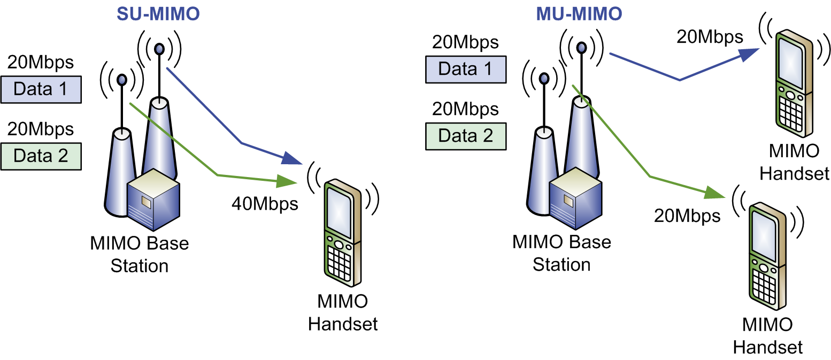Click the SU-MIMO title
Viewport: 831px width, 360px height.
(x=158, y=14)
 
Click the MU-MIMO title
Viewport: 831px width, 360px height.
(x=579, y=14)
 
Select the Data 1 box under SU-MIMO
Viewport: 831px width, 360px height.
(x=41, y=89)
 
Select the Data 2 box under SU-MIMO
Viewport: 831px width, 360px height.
(x=41, y=156)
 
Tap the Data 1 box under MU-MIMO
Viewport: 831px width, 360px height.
(x=466, y=70)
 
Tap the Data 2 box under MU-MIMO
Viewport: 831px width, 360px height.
(x=466, y=136)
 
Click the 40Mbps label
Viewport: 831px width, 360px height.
(x=265, y=204)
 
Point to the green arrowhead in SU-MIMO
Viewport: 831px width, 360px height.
(x=287, y=181)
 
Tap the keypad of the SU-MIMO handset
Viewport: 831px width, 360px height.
(x=340, y=264)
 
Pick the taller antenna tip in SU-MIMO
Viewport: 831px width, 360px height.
(x=159, y=49)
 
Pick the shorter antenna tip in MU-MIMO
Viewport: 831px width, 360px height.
(x=544, y=78)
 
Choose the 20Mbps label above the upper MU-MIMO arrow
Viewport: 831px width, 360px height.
(x=710, y=37)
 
